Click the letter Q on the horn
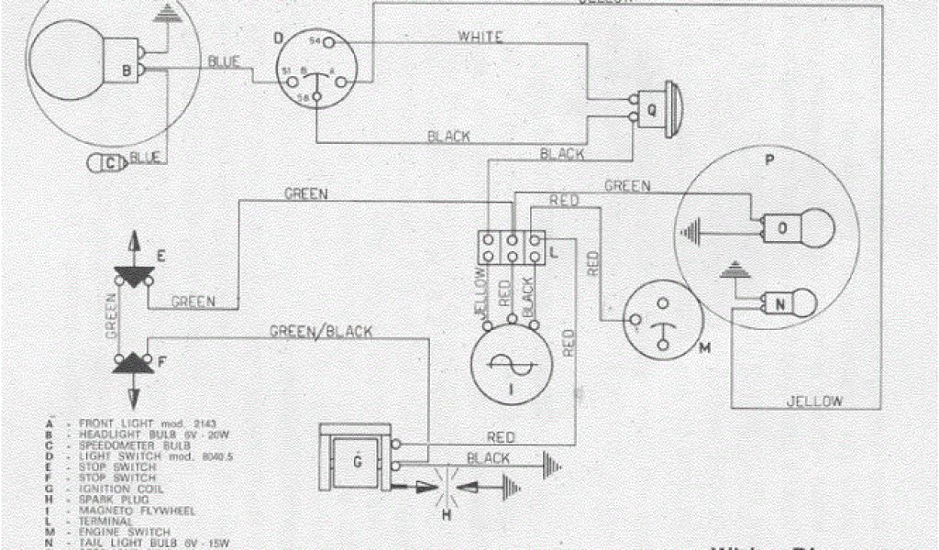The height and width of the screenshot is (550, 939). click(x=652, y=107)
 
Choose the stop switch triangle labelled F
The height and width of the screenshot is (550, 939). click(x=135, y=362)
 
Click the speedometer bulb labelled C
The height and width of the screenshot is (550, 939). click(x=109, y=163)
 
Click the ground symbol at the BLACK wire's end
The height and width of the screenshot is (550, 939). click(x=550, y=465)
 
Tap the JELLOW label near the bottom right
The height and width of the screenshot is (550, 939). click(x=814, y=401)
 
